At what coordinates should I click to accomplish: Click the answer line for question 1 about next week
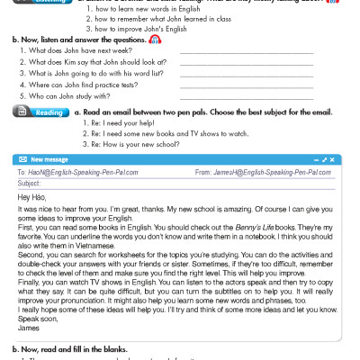pos(247,52)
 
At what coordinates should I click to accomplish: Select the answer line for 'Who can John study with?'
pos(247,95)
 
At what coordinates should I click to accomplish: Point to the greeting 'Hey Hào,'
pos(31,196)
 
